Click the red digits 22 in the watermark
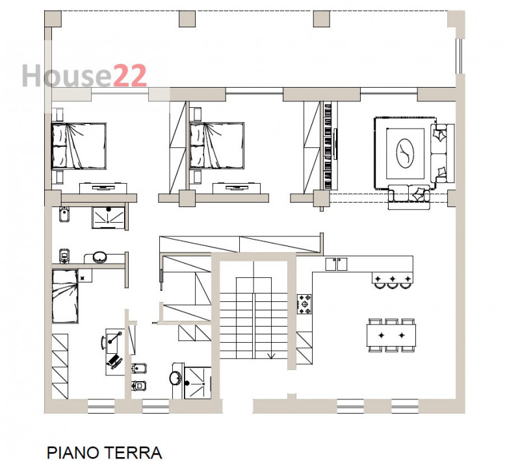[x=129, y=76]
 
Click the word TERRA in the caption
[x=133, y=452]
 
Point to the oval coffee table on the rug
[x=406, y=153]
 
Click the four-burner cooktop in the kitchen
[x=304, y=304]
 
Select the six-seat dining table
[x=391, y=335]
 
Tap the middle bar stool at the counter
[x=392, y=280]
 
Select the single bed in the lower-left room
[x=66, y=297]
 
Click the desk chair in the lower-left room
[x=114, y=361]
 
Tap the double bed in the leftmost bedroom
[x=78, y=145]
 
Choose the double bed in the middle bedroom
[x=216, y=145]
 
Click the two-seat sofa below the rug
[x=410, y=195]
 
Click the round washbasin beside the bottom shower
[x=175, y=378]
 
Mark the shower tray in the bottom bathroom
[x=198, y=379]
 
